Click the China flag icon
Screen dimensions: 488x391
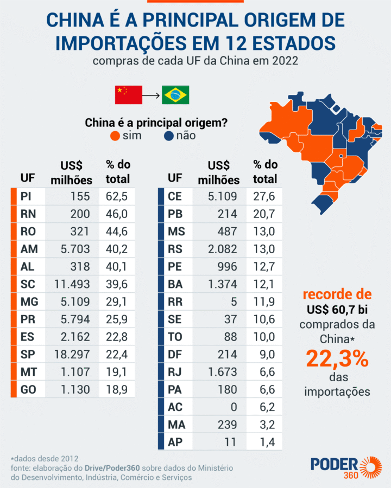coord(128,95)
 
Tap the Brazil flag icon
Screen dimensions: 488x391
coord(175,95)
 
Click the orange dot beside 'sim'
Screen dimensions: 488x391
coord(115,136)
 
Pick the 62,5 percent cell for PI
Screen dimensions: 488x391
coord(117,197)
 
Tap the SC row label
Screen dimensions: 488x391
coord(28,284)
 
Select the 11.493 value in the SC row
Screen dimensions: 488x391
coord(72,284)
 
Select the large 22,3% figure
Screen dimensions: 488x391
coord(337,359)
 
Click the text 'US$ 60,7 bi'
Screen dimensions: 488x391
coord(337,310)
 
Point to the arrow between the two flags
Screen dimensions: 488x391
coord(152,95)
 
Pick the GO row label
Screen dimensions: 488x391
coord(28,389)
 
